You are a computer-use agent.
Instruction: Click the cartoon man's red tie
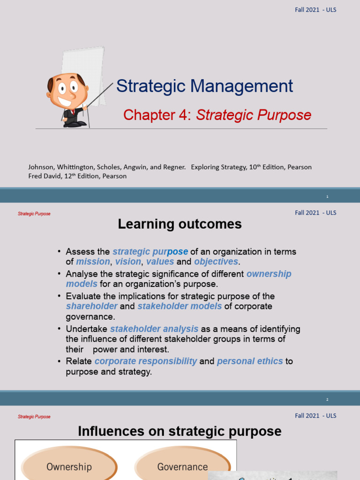[74, 112]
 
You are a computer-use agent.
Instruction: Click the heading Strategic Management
[204, 86]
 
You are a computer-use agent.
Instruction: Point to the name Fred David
[44, 176]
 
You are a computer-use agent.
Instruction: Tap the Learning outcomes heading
[180, 225]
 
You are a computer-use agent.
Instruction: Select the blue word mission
[93, 262]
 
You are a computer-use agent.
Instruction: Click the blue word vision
[128, 262]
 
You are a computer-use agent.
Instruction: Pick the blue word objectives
[216, 262]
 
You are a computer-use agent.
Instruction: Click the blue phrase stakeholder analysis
[154, 329]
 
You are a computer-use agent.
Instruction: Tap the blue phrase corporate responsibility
[146, 361]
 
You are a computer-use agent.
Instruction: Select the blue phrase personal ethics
[250, 361]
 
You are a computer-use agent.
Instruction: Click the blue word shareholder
[92, 306]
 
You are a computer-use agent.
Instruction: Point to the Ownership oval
[69, 466]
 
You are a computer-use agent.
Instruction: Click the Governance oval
[182, 466]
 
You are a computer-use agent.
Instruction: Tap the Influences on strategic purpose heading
[180, 431]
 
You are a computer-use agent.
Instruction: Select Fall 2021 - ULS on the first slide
[315, 10]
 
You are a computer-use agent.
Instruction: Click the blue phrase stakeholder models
[180, 306]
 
